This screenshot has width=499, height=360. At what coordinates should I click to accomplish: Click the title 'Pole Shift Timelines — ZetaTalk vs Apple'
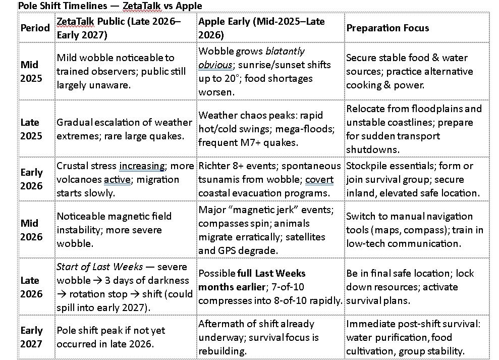(x=110, y=6)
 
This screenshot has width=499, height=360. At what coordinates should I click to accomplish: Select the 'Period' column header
(x=35, y=28)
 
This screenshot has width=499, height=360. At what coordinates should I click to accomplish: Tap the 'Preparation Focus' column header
(x=387, y=28)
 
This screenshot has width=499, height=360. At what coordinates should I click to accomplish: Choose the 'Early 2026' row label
(x=32, y=179)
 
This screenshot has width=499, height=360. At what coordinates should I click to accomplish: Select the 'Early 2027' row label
(x=32, y=337)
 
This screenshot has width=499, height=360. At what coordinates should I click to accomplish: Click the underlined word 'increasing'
(x=142, y=166)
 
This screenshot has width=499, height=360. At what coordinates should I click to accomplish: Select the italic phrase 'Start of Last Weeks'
(x=99, y=267)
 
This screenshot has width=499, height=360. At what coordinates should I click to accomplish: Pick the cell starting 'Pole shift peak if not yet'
(x=111, y=337)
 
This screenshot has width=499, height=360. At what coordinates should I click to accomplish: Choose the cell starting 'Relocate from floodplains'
(x=414, y=129)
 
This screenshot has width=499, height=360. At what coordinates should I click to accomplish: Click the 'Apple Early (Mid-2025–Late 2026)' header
(x=262, y=28)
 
